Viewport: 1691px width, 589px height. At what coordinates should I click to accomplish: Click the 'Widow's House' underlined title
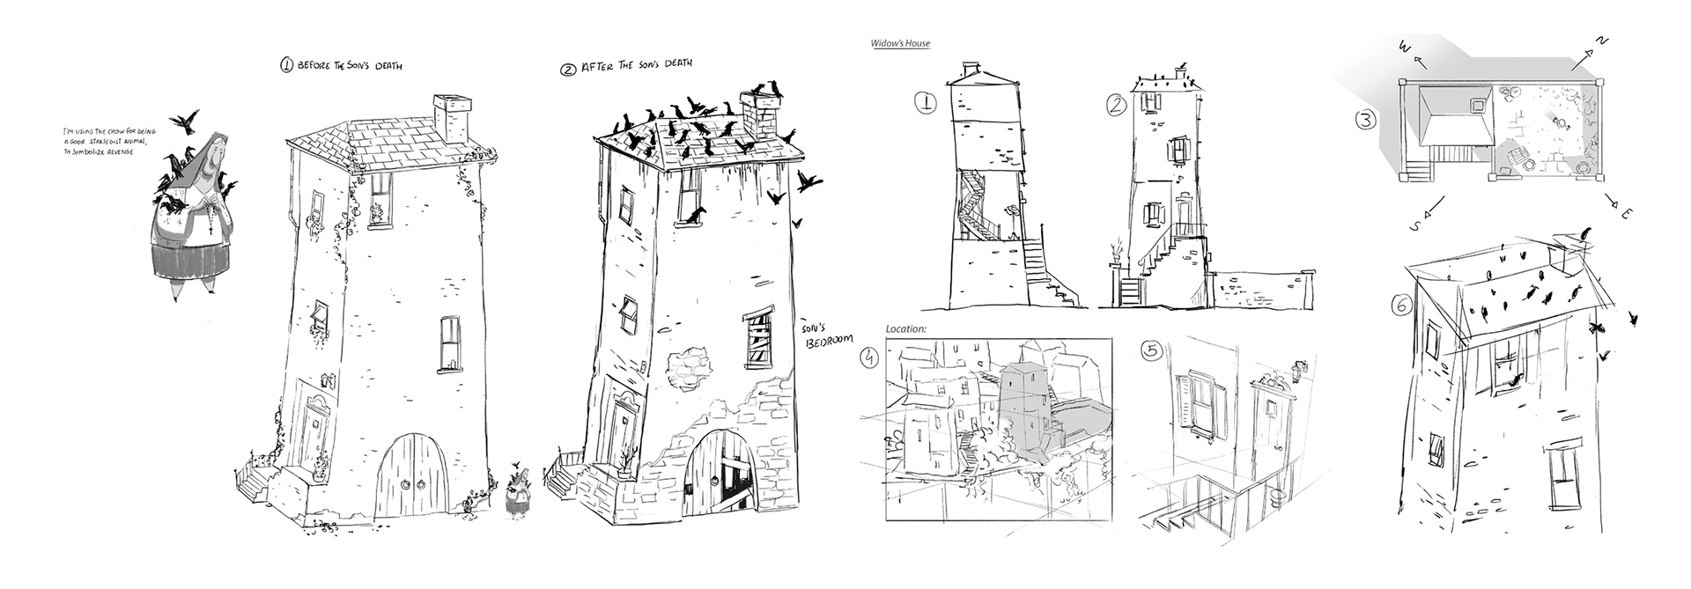(900, 44)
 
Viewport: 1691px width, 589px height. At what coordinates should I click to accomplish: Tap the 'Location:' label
(907, 329)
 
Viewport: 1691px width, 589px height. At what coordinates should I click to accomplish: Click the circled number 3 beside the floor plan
(1364, 121)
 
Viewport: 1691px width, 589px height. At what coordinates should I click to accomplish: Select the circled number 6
(1399, 306)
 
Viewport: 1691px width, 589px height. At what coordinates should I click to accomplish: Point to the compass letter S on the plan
(1414, 227)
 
